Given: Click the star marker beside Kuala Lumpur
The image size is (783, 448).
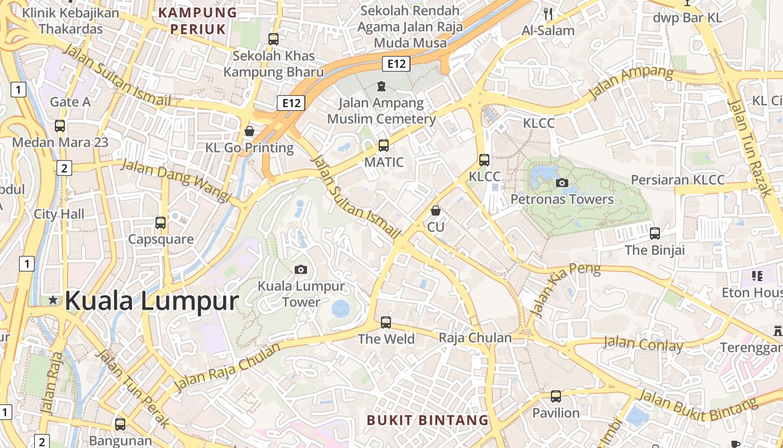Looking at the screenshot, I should pyautogui.click(x=53, y=300).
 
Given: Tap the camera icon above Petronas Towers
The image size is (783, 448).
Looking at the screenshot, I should pyautogui.click(x=562, y=183).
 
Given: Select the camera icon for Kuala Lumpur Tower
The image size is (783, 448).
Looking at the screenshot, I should pyautogui.click(x=301, y=270).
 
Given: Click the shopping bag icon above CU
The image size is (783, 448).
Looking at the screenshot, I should pyautogui.click(x=436, y=211).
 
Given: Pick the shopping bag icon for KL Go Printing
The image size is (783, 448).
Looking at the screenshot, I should pyautogui.click(x=249, y=131).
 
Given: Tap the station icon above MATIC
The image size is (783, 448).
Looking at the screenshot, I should pyautogui.click(x=384, y=146).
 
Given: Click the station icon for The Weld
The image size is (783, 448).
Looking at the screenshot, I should pyautogui.click(x=386, y=323).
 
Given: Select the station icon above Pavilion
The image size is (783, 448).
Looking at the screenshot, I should pyautogui.click(x=556, y=396).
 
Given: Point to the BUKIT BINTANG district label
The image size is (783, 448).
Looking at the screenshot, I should pyautogui.click(x=428, y=420).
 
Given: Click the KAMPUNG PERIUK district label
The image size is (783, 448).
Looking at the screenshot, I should pyautogui.click(x=198, y=21).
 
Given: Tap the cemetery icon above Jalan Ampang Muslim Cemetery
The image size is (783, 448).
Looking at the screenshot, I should pyautogui.click(x=381, y=86).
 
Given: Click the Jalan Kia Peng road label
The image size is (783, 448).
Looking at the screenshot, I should pyautogui.click(x=565, y=288).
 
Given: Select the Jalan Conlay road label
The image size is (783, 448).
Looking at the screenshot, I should pyautogui.click(x=643, y=343).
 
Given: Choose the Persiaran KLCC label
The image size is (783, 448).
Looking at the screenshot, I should pyautogui.click(x=678, y=180).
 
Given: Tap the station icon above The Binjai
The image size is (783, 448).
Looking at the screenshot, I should pyautogui.click(x=655, y=233).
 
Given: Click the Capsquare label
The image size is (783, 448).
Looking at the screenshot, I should pyautogui.click(x=161, y=239).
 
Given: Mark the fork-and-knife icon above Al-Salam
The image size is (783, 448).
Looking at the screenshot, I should pyautogui.click(x=548, y=14).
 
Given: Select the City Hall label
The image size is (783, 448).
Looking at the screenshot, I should pyautogui.click(x=59, y=214).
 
